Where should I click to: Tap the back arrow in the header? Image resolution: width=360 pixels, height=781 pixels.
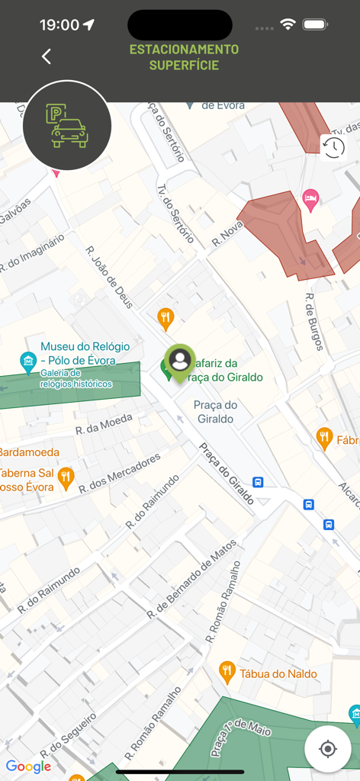tap(47, 56)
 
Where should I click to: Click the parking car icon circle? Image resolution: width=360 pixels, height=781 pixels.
tap(67, 125)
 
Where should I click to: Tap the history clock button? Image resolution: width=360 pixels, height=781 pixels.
tap(333, 147)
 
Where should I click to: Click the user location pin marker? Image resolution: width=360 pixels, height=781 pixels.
tap(180, 361)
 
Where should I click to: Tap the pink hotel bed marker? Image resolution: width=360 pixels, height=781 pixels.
tap(310, 200)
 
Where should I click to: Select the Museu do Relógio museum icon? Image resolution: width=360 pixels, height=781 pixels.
tap(28, 361)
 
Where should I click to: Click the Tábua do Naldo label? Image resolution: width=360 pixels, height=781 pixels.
tap(278, 673)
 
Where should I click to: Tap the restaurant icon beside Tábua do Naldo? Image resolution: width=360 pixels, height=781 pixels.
tap(227, 671)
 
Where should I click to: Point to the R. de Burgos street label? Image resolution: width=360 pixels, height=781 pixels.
tap(314, 322)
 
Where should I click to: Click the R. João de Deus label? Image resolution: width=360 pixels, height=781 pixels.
tap(110, 277)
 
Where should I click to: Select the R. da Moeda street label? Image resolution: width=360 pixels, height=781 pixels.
tap(104, 424)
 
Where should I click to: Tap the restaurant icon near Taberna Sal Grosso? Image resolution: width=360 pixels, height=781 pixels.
tap(66, 478)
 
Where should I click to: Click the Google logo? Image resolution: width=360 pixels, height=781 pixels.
tap(28, 767)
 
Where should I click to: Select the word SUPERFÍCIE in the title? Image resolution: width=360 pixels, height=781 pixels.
tap(184, 66)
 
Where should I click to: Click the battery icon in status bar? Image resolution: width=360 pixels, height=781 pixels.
tap(315, 24)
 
